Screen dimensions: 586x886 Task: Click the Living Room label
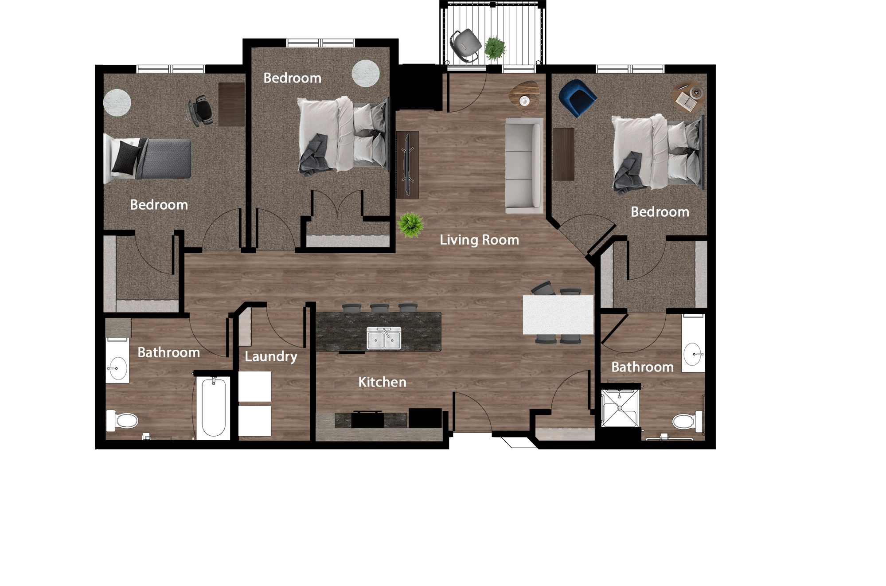click(x=479, y=240)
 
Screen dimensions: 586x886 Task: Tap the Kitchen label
click(x=382, y=382)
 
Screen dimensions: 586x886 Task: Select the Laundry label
click(x=271, y=356)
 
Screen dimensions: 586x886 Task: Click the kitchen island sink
click(x=384, y=339)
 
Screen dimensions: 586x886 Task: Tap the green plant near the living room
click(x=410, y=225)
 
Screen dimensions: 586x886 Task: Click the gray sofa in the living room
click(x=524, y=165)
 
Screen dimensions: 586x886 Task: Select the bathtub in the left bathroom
click(x=214, y=407)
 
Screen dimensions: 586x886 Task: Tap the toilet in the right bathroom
click(x=687, y=421)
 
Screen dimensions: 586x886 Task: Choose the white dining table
click(x=558, y=314)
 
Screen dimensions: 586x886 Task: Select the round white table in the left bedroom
click(x=117, y=102)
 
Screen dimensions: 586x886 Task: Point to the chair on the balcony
click(x=465, y=44)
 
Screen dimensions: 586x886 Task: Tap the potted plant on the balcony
click(x=495, y=48)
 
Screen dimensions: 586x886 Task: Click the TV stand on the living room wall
click(x=407, y=164)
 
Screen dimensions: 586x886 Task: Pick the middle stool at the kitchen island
click(x=380, y=307)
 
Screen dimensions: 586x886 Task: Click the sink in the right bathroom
click(x=693, y=354)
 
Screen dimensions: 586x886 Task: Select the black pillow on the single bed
click(x=125, y=157)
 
